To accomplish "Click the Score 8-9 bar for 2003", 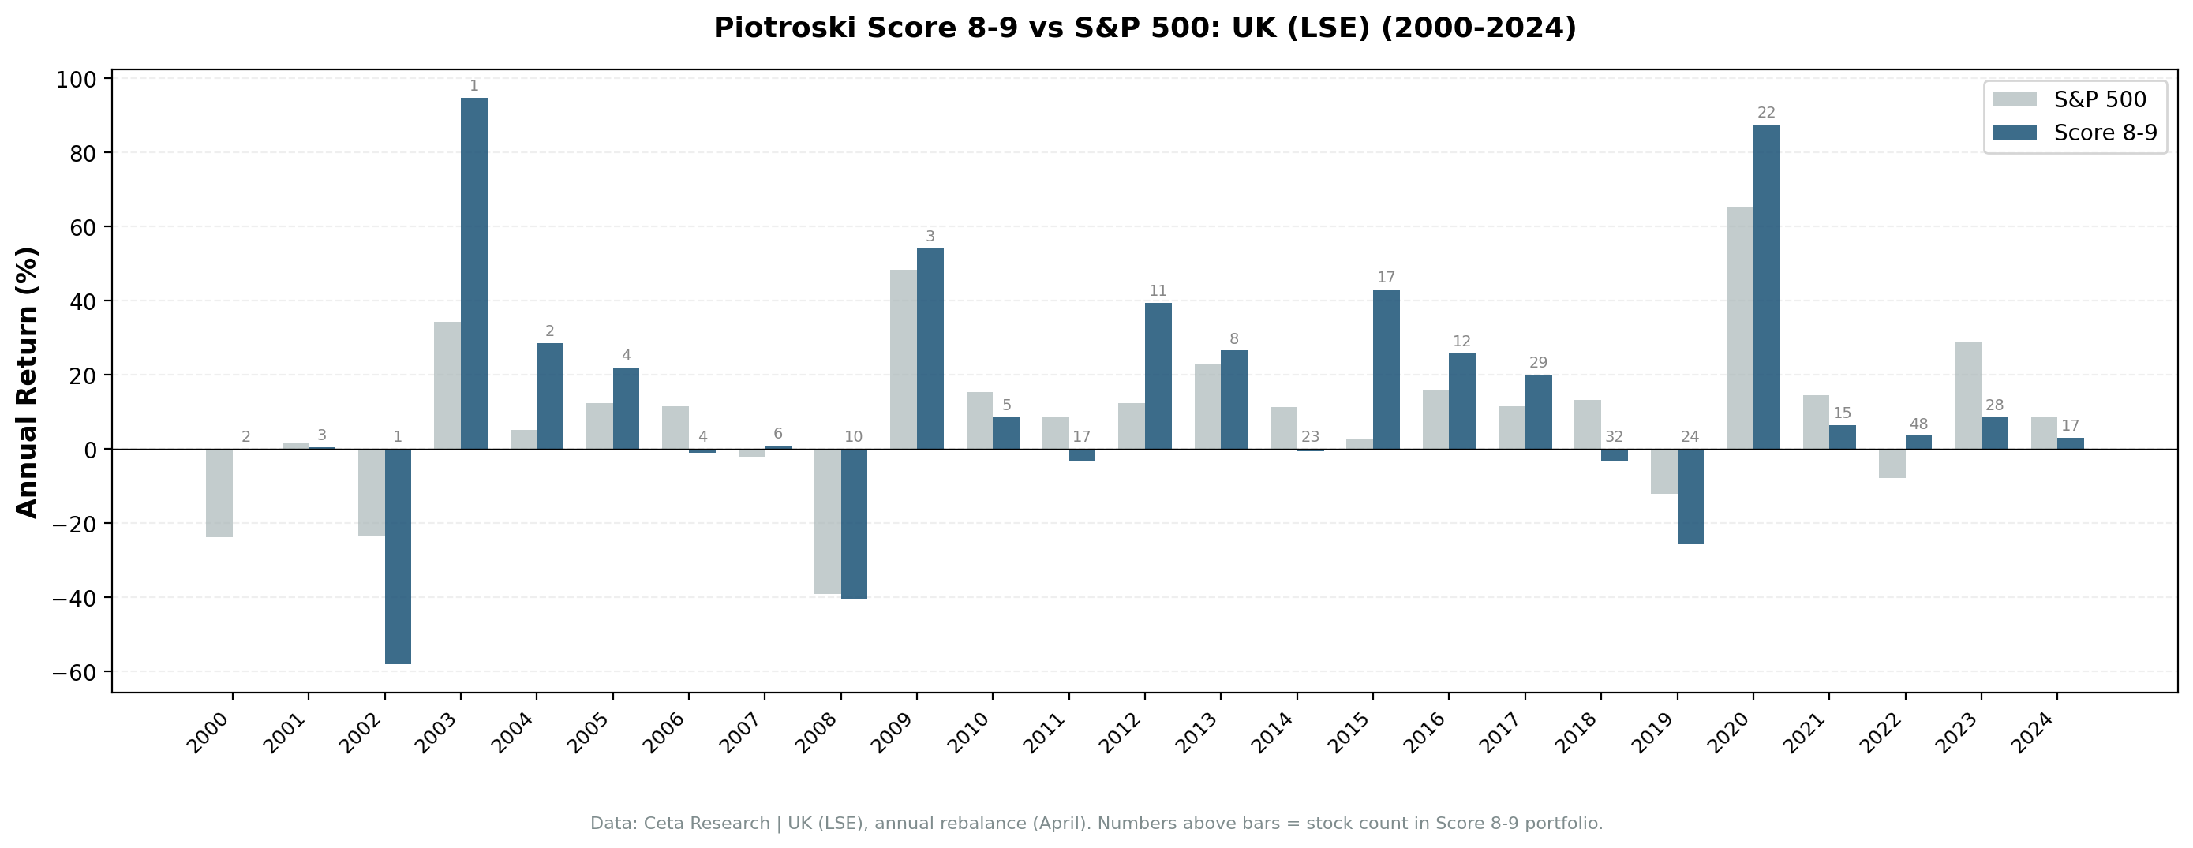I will [x=473, y=272].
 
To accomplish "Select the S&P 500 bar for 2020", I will [x=1739, y=328].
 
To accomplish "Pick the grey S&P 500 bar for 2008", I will [x=827, y=521].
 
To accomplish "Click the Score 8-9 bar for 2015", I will [x=1386, y=368].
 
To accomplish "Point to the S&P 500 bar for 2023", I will [x=1967, y=395].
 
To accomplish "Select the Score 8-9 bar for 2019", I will [x=1690, y=496].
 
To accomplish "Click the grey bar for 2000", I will [x=219, y=493].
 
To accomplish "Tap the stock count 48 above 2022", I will [x=1918, y=424].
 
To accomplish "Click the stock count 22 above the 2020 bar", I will [x=1767, y=112].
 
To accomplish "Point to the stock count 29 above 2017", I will [x=1538, y=363].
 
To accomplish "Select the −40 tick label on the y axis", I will [x=73, y=598].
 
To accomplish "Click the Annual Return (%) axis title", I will [x=28, y=382].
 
